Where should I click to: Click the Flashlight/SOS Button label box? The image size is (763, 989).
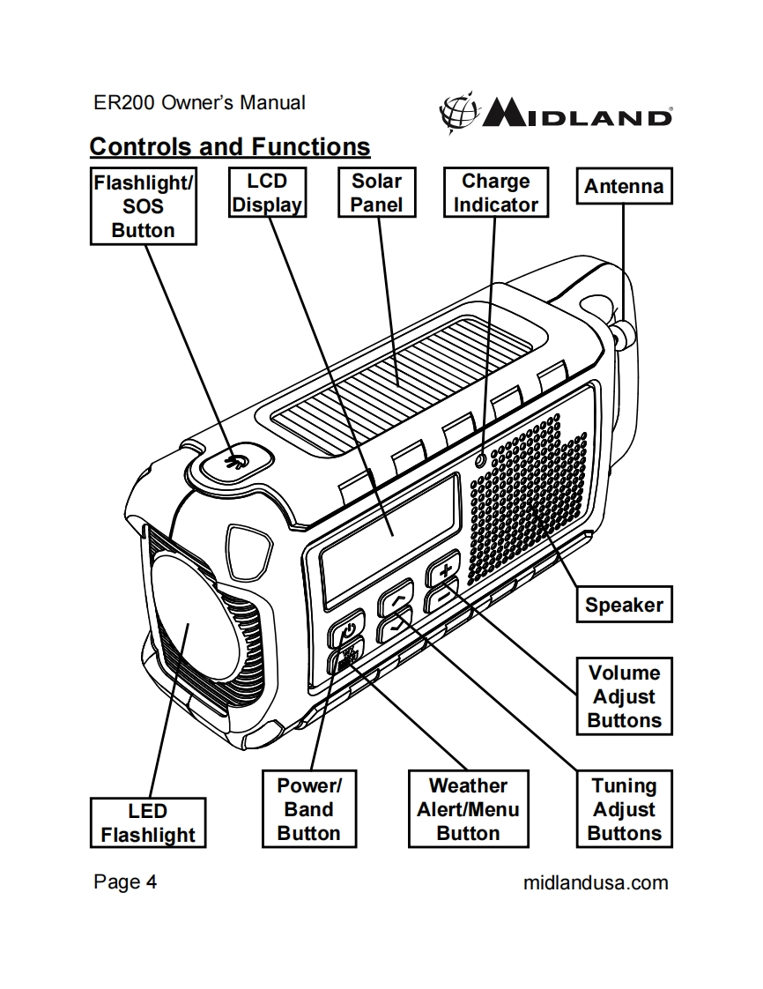(x=144, y=205)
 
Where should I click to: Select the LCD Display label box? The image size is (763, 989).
(x=267, y=193)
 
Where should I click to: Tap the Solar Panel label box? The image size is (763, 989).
(x=376, y=193)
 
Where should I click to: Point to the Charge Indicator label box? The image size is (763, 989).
(x=495, y=193)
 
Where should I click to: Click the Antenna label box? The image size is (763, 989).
(x=623, y=187)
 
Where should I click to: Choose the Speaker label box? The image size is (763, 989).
(x=623, y=605)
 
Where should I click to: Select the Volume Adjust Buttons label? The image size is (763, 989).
(x=624, y=696)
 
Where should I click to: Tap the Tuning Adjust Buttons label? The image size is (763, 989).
(x=624, y=809)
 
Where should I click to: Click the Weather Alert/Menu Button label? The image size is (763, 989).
(x=468, y=809)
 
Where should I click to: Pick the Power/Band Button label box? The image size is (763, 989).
(x=309, y=809)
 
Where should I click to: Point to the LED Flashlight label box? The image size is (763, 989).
(x=148, y=823)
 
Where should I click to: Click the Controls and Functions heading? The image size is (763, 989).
(x=230, y=145)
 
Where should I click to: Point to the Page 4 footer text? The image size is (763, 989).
(x=125, y=882)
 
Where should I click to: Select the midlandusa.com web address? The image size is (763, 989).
(x=596, y=882)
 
